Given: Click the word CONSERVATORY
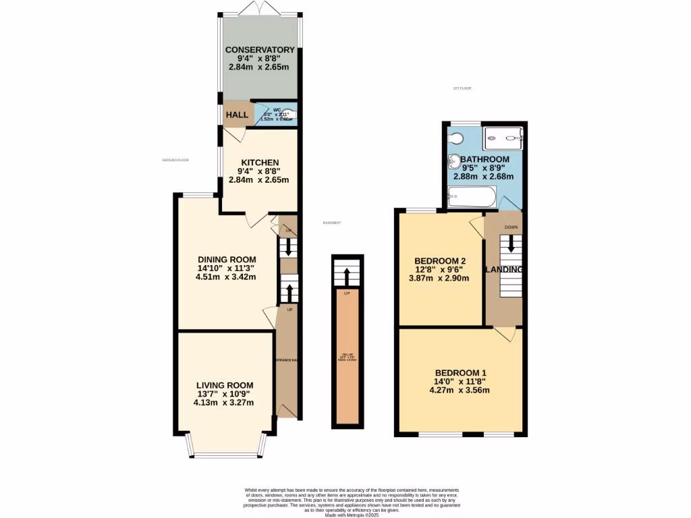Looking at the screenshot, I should [260, 50].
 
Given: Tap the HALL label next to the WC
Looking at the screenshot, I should [237, 115].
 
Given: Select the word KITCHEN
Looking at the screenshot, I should [260, 163].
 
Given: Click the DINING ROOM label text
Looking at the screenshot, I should [227, 260].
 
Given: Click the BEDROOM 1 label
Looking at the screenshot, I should [460, 373].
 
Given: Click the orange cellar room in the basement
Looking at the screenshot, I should [348, 357].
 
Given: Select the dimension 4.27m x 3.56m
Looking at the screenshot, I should [460, 390].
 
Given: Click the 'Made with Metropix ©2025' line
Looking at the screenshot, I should [351, 515].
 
